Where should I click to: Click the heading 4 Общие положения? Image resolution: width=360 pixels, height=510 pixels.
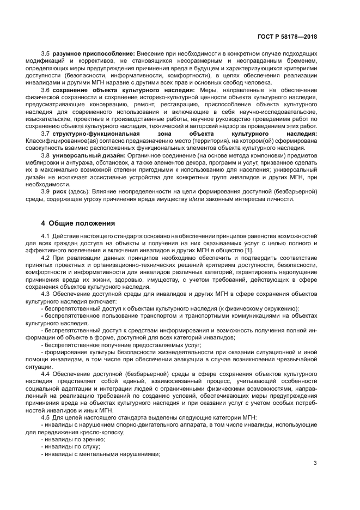(x=78, y=222)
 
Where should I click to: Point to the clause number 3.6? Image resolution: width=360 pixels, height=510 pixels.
(x=46, y=89)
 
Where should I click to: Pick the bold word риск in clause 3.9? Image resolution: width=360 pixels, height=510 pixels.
(x=59, y=191)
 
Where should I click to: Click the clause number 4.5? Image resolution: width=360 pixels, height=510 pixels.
(x=46, y=417)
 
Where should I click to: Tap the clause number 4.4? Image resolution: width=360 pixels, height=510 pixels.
(x=46, y=374)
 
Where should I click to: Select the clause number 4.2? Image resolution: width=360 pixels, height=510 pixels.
(x=46, y=257)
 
